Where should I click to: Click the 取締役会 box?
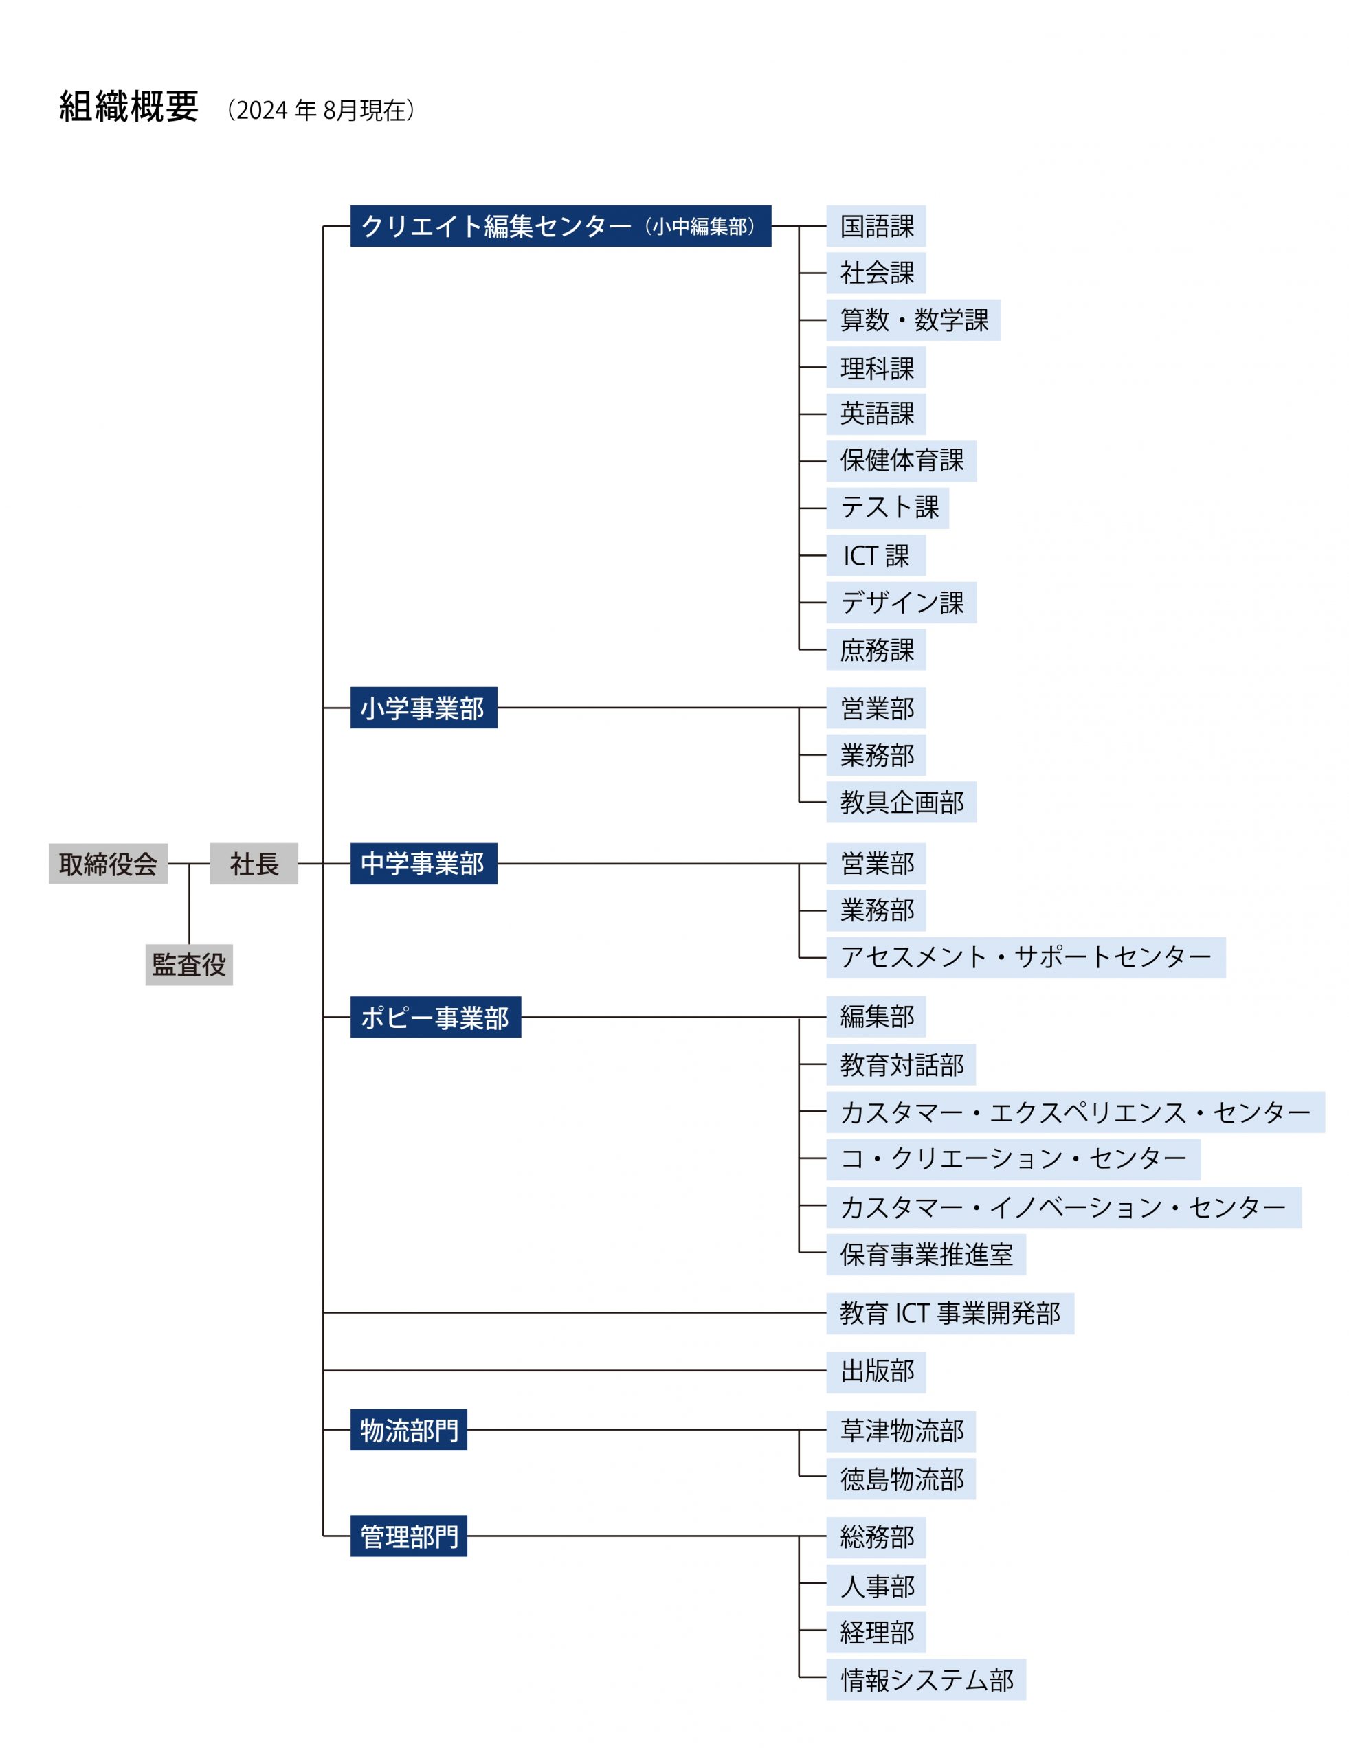click(108, 863)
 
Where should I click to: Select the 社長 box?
click(254, 863)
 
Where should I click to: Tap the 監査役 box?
click(189, 964)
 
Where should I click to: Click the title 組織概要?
click(129, 106)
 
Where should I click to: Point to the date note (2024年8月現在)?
click(320, 110)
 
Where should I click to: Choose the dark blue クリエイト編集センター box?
click(561, 225)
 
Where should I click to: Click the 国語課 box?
click(876, 225)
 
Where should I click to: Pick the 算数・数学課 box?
click(913, 320)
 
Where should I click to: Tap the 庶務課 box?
click(876, 649)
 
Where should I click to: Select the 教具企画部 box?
click(902, 801)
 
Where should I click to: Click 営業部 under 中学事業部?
click(876, 863)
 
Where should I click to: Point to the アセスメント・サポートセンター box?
click(1026, 957)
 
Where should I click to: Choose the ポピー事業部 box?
click(435, 1016)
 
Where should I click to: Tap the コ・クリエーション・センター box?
click(1014, 1158)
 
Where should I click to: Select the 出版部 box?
click(876, 1371)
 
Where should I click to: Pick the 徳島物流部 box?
click(901, 1478)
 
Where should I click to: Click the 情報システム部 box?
click(926, 1679)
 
